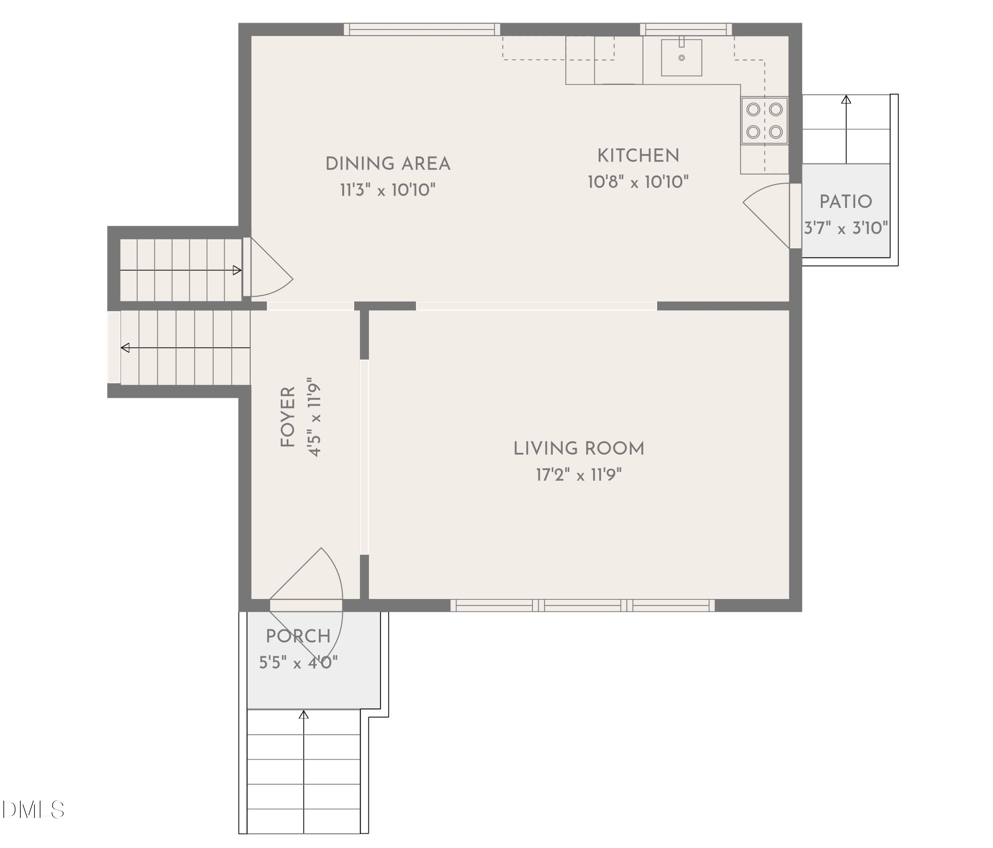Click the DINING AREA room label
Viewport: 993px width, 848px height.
point(388,164)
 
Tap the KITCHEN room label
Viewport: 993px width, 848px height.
point(638,156)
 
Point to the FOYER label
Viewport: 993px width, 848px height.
point(287,417)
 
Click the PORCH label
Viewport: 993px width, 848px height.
point(298,637)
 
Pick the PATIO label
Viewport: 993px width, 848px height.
point(846,202)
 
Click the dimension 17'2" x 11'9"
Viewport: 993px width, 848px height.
point(578,475)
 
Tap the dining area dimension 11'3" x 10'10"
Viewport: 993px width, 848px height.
point(388,190)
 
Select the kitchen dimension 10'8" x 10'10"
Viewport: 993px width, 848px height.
point(638,182)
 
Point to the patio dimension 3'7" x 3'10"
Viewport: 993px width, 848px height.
point(846,228)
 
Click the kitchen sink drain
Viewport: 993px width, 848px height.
point(681,58)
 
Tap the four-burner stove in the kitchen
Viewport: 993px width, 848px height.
point(765,120)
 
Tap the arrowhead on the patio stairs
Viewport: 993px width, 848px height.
point(846,100)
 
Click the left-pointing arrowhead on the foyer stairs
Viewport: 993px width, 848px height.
point(125,348)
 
